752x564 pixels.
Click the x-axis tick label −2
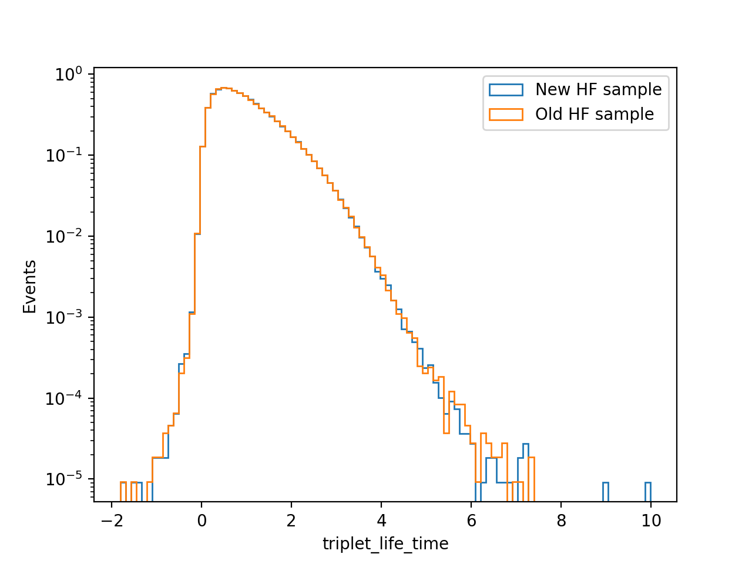[112, 521]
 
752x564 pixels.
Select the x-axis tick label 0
[202, 521]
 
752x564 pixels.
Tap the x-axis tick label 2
[291, 521]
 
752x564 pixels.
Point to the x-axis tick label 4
[381, 521]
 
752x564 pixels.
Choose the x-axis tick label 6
[471, 521]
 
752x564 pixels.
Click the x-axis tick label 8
[561, 521]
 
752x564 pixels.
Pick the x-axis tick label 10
[651, 521]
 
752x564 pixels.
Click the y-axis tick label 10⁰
[69, 74]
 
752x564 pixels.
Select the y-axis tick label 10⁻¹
[64, 155]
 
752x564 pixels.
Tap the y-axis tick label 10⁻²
[64, 236]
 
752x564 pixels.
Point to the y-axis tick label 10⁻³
[64, 317]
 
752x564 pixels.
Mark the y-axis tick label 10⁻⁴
[64, 398]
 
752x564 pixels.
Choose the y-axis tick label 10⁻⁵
[64, 479]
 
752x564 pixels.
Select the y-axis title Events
[29, 287]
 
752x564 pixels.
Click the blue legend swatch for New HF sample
[506, 90]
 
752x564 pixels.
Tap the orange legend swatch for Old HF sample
[506, 115]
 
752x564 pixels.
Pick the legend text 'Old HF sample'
[595, 115]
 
